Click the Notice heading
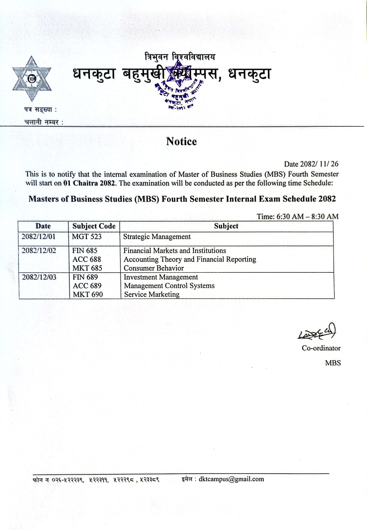pos(181,141)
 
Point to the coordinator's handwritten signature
pos(317,332)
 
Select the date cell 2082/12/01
pos(39,237)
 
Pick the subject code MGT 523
pos(86,237)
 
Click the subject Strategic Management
pos(157,237)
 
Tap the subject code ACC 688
pos(86,259)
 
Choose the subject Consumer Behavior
pos(153,268)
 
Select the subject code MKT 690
pos(88,294)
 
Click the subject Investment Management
pos(161,277)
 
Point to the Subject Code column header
pos(94,226)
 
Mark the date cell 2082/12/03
pos(39,277)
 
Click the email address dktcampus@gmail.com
pos(231,479)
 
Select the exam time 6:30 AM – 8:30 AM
pos(307,216)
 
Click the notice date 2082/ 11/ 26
pos(319,164)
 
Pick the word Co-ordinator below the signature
pos(321,348)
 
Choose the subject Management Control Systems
pos(169,286)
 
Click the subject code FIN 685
pos(85,251)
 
